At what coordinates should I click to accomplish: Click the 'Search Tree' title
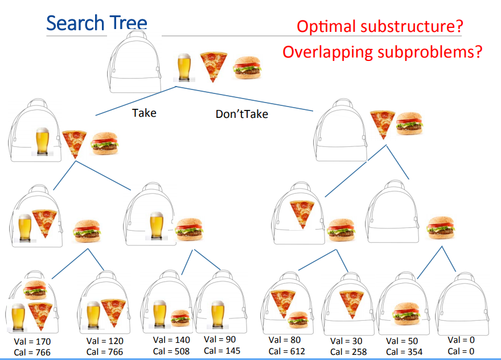click(x=96, y=23)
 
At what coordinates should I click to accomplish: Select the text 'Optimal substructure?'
click(x=379, y=26)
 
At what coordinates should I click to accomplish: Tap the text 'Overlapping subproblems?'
click(x=383, y=52)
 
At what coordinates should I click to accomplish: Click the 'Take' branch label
click(x=144, y=113)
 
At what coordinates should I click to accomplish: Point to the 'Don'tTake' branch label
click(x=241, y=114)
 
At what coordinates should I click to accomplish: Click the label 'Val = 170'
click(x=32, y=342)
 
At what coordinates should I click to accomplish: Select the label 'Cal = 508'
click(x=170, y=351)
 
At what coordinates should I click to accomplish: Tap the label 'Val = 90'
click(x=219, y=339)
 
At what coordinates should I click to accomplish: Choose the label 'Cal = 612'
click(x=287, y=351)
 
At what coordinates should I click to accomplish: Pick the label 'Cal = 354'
click(x=404, y=351)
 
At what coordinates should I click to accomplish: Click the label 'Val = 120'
click(x=105, y=341)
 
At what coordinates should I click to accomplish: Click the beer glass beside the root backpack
click(x=184, y=67)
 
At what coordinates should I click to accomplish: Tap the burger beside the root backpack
click(x=248, y=67)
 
